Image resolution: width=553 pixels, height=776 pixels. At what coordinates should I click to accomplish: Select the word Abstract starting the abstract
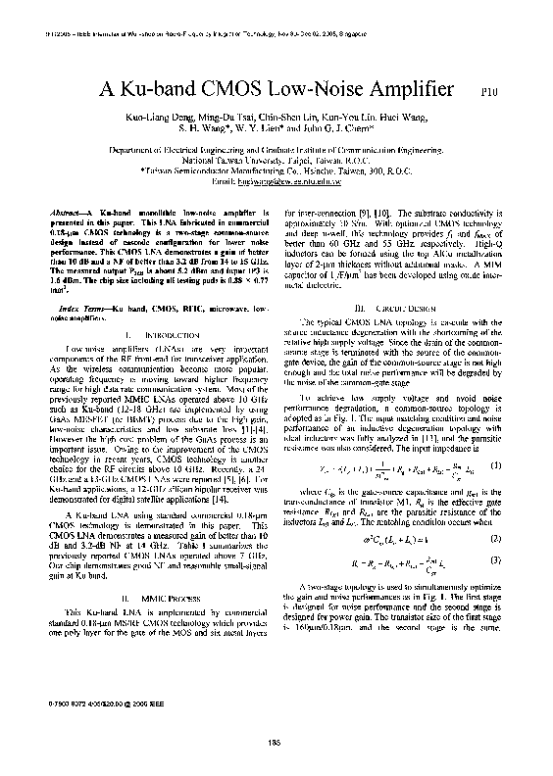(x=68, y=213)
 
